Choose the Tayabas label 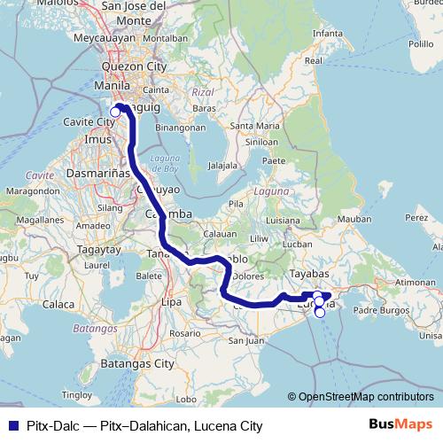pos(308,274)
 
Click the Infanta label pos(327,34)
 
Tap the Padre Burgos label pos(379,310)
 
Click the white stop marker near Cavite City pos(115,112)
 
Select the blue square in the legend pos(9,426)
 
